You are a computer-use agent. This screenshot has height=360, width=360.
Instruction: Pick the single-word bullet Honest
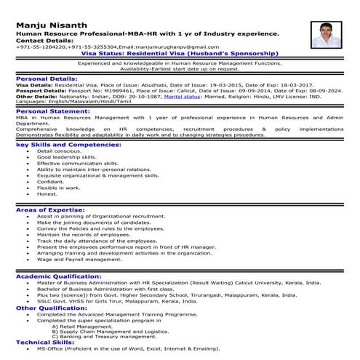47,193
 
